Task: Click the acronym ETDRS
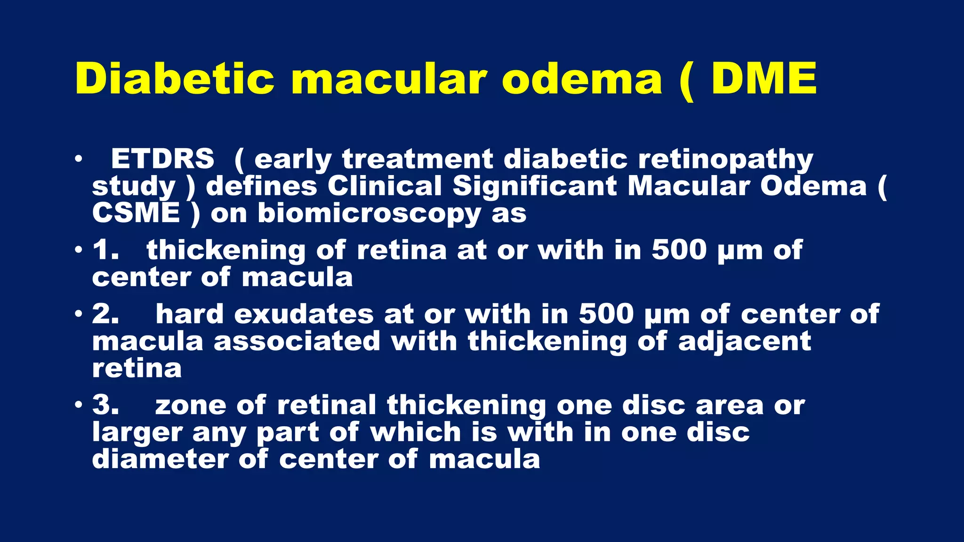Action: click(x=162, y=159)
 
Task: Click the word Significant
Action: click(x=534, y=186)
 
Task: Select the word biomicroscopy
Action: click(x=369, y=214)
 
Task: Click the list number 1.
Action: click(x=105, y=249)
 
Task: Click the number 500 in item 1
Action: click(x=679, y=249)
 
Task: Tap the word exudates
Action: click(x=304, y=314)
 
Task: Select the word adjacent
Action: click(x=745, y=341)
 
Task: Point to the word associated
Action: click(x=297, y=341)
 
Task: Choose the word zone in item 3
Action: click(x=190, y=406)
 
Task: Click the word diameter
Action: click(x=160, y=459)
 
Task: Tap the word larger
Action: click(x=137, y=433)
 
